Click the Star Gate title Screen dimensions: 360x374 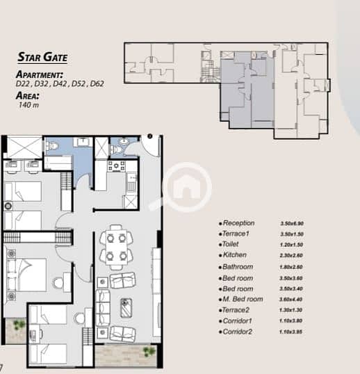42,57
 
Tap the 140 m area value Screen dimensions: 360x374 28,105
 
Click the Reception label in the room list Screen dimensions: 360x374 238,223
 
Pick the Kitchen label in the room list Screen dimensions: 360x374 235,255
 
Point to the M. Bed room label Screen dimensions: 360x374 243,299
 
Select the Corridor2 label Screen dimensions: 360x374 237,332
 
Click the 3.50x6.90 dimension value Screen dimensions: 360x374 292,223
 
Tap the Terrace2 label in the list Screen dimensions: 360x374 236,310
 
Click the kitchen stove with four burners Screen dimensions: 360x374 116,165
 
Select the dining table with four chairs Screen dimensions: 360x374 116,247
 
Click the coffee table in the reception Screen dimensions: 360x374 126,308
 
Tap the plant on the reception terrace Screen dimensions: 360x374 149,352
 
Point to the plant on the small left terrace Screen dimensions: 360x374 19,325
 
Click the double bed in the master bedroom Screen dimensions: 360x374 26,275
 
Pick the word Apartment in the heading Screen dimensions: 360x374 40,74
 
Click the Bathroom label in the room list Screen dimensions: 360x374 238,267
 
